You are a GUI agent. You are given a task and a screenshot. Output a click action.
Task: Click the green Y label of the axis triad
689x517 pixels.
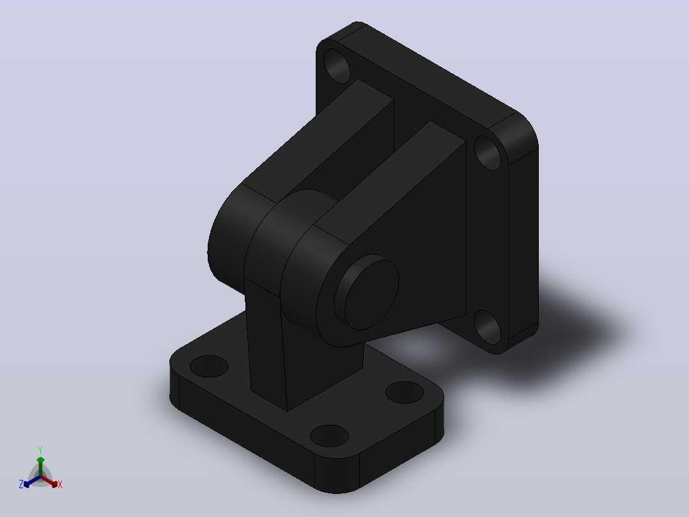(40, 450)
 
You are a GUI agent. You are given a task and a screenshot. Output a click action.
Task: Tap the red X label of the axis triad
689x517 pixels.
(60, 484)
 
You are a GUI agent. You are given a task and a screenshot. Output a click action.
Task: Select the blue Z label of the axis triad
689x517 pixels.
(21, 484)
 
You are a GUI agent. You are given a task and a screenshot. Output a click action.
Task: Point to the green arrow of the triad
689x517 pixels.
(40, 466)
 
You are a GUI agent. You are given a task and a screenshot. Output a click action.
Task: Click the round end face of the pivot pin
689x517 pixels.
(372, 294)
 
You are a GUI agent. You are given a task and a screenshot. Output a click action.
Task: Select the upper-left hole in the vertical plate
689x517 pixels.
(337, 66)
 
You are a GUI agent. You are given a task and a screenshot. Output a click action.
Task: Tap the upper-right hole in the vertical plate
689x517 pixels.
(487, 153)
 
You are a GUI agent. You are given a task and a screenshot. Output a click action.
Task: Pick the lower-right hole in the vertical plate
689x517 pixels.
(487, 327)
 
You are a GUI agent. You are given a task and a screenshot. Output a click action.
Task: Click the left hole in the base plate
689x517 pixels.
(209, 366)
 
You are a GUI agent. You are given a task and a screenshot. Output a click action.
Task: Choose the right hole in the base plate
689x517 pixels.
(405, 392)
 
